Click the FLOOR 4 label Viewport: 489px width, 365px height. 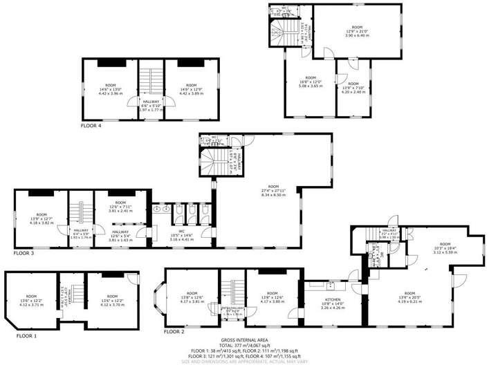[x=91, y=127]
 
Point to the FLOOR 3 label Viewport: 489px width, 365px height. [x=24, y=254]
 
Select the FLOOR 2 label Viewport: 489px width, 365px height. [x=175, y=332]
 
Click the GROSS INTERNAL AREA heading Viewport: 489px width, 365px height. [x=244, y=341]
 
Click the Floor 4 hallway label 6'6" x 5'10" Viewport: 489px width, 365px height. [x=151, y=104]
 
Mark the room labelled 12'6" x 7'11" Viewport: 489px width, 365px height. [x=124, y=206]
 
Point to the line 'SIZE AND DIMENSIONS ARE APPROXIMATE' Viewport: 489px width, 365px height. [x=244, y=361]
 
